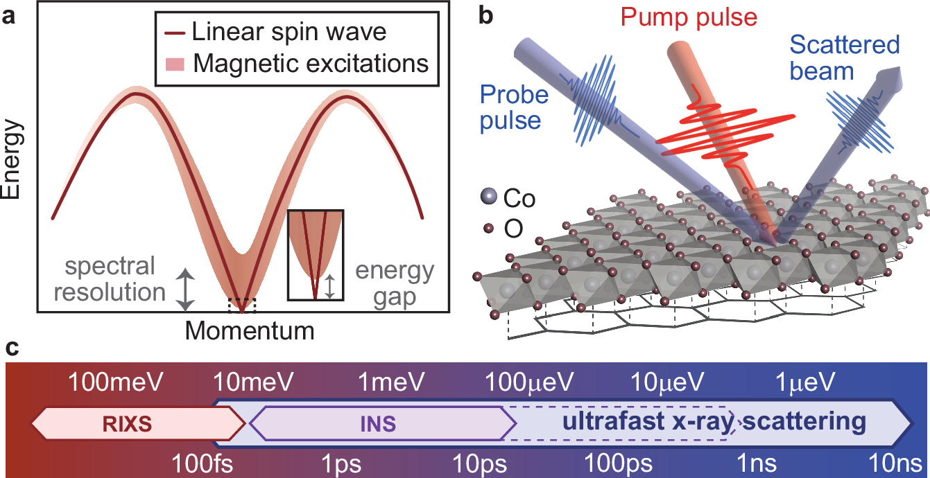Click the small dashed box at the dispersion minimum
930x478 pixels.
pos(242,305)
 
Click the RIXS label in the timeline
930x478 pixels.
pos(132,423)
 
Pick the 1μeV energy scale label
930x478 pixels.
pos(806,380)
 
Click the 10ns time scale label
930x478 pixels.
pos(894,461)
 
